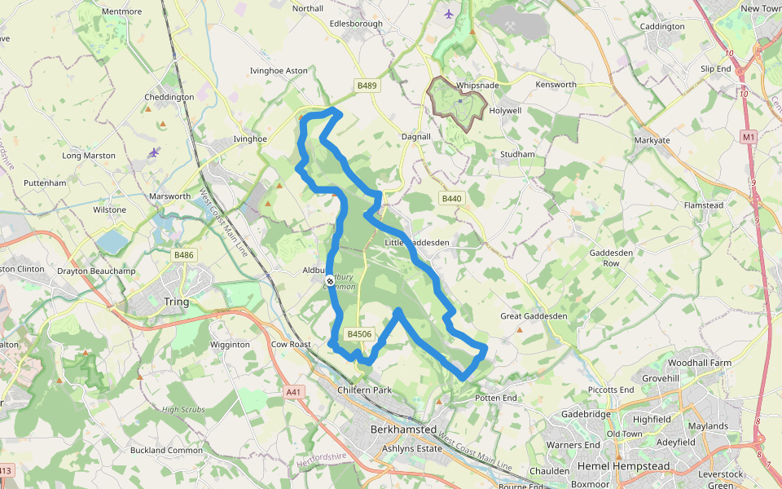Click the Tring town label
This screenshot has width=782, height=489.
176,302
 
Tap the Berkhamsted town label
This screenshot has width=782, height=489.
403,430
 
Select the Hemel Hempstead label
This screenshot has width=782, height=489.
623,466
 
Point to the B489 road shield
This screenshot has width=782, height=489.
367,85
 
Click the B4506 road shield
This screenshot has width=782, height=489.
359,334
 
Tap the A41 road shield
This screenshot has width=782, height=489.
294,392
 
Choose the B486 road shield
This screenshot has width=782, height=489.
183,255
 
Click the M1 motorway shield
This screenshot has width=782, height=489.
749,138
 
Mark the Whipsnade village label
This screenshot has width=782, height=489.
478,86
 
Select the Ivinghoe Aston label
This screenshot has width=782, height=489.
279,71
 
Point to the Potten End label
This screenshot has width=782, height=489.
496,398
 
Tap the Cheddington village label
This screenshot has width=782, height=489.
169,97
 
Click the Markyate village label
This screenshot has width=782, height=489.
652,140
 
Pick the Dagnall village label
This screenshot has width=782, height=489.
415,137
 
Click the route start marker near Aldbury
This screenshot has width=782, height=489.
329,281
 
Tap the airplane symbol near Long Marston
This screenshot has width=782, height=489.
154,152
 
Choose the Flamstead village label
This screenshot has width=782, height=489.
704,205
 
